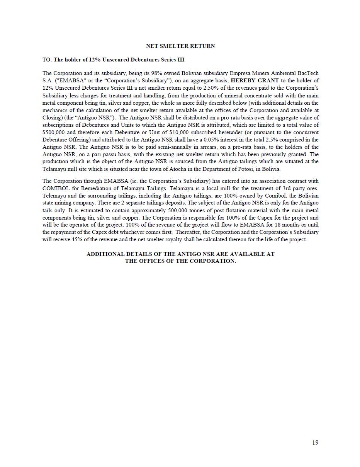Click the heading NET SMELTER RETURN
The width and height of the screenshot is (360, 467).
(x=180, y=46)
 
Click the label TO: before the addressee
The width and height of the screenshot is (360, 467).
(x=47, y=60)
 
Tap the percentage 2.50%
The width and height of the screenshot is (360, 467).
(x=211, y=88)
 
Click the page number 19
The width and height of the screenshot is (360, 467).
(x=315, y=443)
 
